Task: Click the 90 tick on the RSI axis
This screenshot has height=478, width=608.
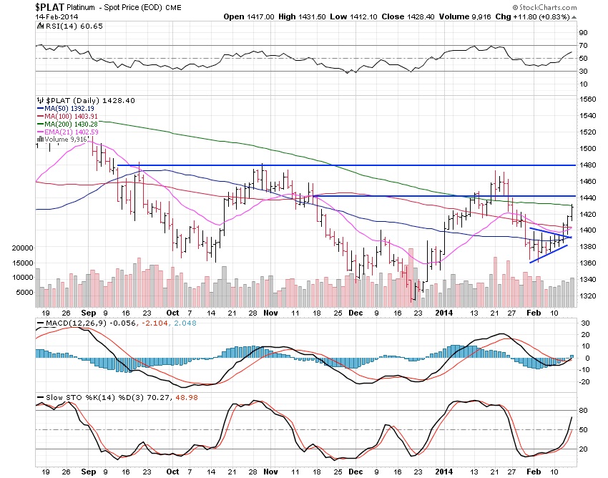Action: coord(583,33)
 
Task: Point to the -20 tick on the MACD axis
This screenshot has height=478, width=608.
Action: coord(584,381)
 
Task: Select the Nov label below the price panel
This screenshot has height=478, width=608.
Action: coord(268,312)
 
